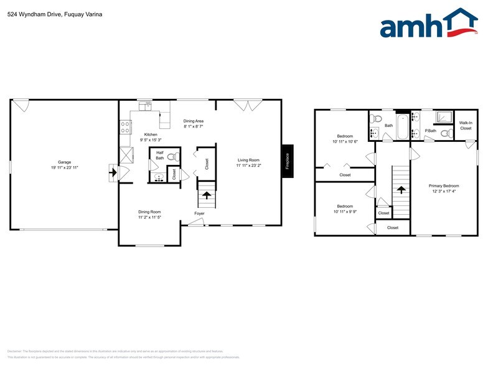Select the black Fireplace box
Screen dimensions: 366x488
pos(288,161)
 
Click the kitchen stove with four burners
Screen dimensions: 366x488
pos(124,128)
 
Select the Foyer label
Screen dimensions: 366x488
pos(199,213)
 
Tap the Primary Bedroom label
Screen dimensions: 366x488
pos(443,186)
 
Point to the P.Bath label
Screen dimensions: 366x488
pos(429,131)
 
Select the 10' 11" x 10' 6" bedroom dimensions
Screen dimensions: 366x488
pos(345,142)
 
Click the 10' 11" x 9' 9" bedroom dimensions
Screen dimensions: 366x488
pos(345,212)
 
